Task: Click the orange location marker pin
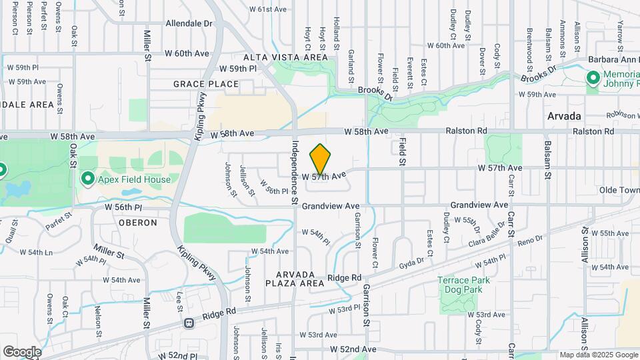(321, 159)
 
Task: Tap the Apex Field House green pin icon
(87, 179)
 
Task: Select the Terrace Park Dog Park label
(463, 285)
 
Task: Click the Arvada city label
(564, 116)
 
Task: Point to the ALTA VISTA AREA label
(285, 58)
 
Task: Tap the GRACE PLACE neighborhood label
(206, 84)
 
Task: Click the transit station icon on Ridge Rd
(189, 323)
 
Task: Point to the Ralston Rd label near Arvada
(592, 131)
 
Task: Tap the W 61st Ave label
(267, 9)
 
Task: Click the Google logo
(22, 351)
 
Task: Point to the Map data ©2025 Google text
(598, 355)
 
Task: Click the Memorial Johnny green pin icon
(593, 79)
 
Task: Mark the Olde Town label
(618, 190)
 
